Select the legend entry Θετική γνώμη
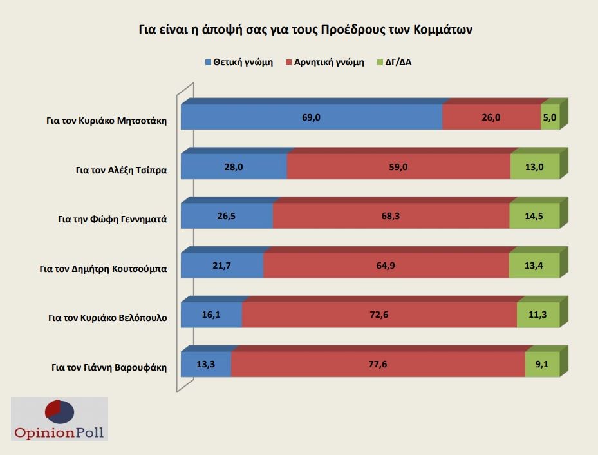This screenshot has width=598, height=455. [239, 63]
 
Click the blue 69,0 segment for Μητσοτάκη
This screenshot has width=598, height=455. [312, 117]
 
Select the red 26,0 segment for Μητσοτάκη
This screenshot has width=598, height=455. [491, 117]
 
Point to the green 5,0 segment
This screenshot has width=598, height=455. [550, 117]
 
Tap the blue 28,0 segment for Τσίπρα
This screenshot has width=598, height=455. [234, 167]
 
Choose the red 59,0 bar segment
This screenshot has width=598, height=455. [398, 167]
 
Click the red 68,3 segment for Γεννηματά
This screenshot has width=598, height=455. [391, 216]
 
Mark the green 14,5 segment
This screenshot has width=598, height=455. [534, 216]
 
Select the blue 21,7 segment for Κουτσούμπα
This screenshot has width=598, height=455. [222, 266]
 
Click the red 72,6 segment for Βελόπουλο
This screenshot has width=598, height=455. [379, 315]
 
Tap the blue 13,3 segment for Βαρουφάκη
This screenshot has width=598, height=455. [206, 364]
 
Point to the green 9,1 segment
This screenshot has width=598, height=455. [541, 364]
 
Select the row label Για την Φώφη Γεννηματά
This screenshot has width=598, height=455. [112, 218]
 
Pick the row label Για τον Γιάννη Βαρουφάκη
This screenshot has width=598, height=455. [109, 368]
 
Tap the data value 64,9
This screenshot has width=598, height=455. [386, 266]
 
